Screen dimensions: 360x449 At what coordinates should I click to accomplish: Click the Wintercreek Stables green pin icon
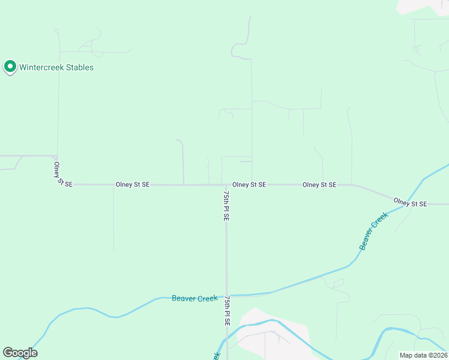point(10,67)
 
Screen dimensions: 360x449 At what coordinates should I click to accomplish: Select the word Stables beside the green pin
point(80,68)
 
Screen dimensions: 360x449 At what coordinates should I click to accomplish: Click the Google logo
point(20,353)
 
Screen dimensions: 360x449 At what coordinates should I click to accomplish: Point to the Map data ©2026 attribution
point(423,355)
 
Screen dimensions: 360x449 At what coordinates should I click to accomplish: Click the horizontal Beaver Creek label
point(194,298)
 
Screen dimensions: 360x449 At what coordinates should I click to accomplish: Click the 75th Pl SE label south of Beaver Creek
point(227,310)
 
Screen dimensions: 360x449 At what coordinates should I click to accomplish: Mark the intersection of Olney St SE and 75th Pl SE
point(226,185)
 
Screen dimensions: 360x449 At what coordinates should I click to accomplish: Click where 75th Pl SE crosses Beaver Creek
point(226,295)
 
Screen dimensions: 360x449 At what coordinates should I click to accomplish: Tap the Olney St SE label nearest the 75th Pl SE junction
point(249,185)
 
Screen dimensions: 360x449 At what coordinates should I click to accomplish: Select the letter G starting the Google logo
point(8,353)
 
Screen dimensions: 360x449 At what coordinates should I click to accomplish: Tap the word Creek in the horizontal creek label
point(207,298)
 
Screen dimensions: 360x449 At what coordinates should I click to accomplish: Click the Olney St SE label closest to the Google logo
point(133,185)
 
